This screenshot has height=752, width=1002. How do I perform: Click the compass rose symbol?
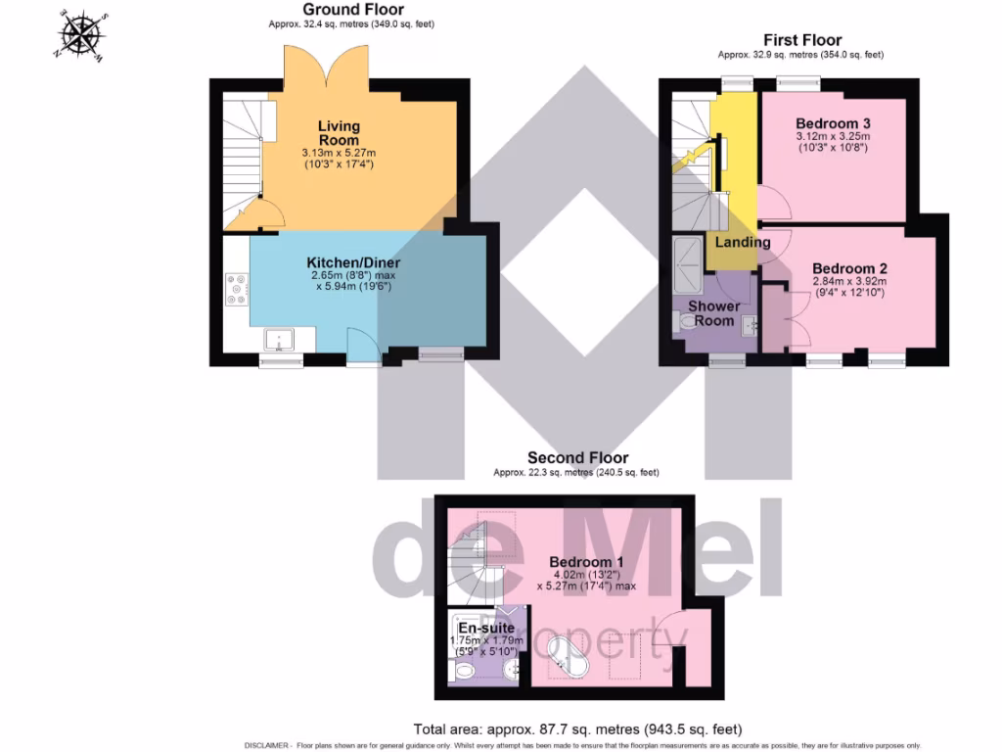pyautogui.click(x=83, y=34)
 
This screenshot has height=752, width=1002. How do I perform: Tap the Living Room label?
pyautogui.click(x=339, y=133)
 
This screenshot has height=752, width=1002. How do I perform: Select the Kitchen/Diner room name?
pyautogui.click(x=353, y=263)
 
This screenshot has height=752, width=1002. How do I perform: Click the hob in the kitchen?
pyautogui.click(x=236, y=290)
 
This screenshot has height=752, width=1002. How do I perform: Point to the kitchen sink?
pyautogui.click(x=285, y=340)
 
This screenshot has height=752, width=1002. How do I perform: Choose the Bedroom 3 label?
pyautogui.click(x=834, y=123)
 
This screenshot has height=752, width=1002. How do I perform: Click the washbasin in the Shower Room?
pyautogui.click(x=750, y=326)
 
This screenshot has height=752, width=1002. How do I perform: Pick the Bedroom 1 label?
pyautogui.click(x=586, y=561)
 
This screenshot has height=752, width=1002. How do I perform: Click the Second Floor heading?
pyautogui.click(x=577, y=457)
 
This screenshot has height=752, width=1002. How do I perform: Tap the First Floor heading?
pyautogui.click(x=802, y=40)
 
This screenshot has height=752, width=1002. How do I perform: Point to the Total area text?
pyautogui.click(x=577, y=729)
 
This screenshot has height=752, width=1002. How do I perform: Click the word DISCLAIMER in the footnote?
pyautogui.click(x=267, y=745)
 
